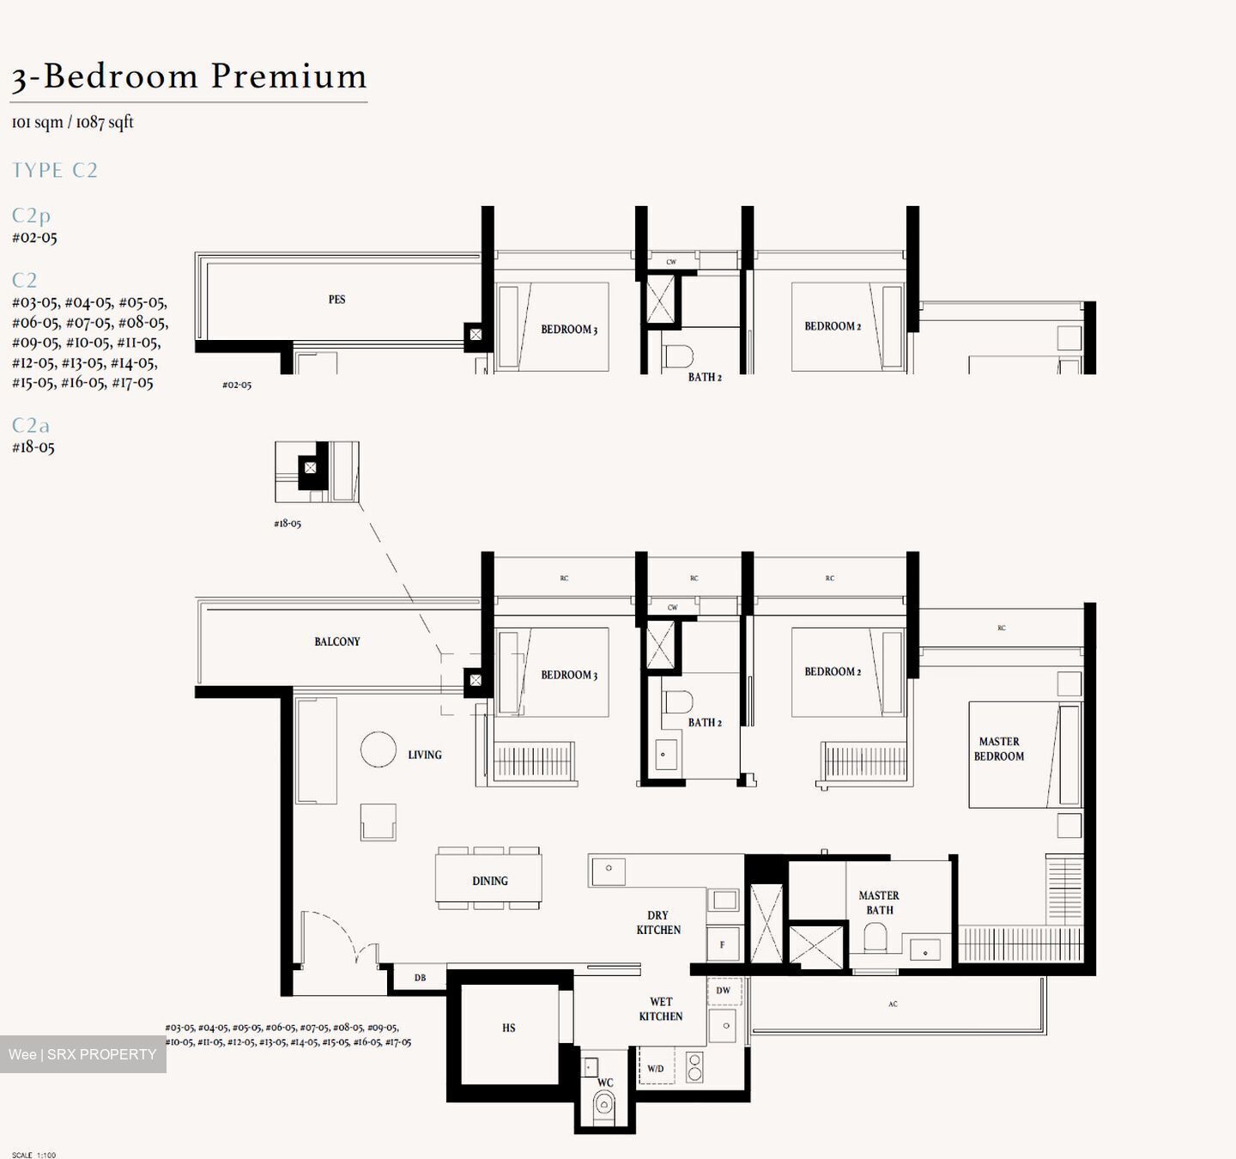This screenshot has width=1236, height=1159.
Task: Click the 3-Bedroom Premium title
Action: pyautogui.click(x=189, y=76)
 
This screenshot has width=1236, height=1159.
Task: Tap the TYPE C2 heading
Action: pyautogui.click(x=55, y=170)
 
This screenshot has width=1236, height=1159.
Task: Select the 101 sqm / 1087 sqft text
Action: pyautogui.click(x=72, y=122)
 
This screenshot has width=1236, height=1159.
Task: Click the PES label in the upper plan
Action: pyautogui.click(x=336, y=300)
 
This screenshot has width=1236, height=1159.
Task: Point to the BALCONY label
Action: pyautogui.click(x=336, y=641)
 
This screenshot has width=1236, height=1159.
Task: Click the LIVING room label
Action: pyautogui.click(x=425, y=755)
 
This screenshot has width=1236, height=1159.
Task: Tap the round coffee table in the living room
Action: pyautogui.click(x=378, y=749)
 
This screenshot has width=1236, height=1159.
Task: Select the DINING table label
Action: pyautogui.click(x=489, y=881)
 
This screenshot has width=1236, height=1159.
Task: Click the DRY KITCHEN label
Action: pyautogui.click(x=658, y=922)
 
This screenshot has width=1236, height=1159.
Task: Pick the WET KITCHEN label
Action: pyautogui.click(x=660, y=1009)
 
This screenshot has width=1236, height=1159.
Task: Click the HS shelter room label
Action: pyautogui.click(x=509, y=1028)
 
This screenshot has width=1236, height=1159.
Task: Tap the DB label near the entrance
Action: pyautogui.click(x=420, y=978)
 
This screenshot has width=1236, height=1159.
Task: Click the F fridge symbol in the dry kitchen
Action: pyautogui.click(x=723, y=944)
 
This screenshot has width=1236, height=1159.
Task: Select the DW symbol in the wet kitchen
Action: pyautogui.click(x=724, y=990)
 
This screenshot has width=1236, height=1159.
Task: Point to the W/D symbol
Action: pyautogui.click(x=656, y=1069)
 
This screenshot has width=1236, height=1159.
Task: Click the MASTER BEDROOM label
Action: pyautogui.click(x=999, y=749)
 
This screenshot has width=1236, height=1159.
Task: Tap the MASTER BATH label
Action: pyautogui.click(x=879, y=902)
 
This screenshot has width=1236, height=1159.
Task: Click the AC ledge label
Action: pyautogui.click(x=893, y=1004)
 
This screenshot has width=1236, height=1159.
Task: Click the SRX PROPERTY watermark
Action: pyautogui.click(x=83, y=1054)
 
